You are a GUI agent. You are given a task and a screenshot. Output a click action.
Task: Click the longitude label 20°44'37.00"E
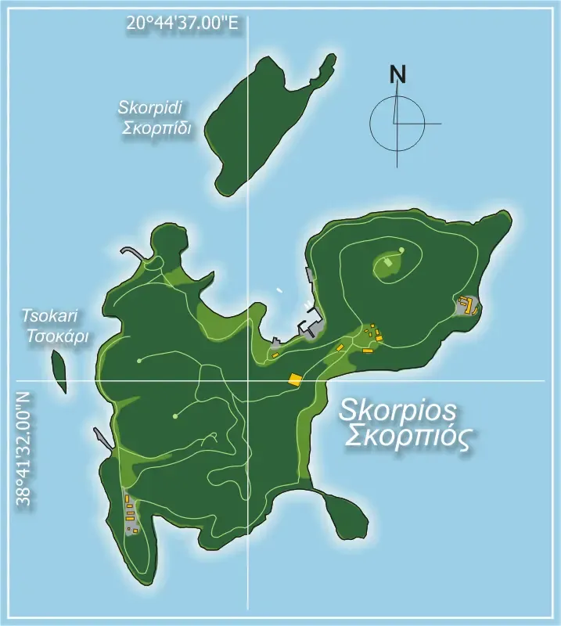click(x=182, y=23)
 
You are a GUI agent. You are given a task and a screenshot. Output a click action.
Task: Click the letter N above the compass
click(x=398, y=75)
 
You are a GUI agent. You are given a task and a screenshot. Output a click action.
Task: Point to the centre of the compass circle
click(x=397, y=124)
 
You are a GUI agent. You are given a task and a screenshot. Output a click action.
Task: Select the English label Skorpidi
click(x=154, y=108)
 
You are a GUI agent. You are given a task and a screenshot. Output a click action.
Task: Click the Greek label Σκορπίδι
click(x=156, y=128)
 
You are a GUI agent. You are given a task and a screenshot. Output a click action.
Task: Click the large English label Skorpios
click(x=398, y=411)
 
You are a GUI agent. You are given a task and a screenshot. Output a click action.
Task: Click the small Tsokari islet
click(x=59, y=371)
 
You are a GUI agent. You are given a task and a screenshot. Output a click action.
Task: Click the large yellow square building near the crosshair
click(x=295, y=380)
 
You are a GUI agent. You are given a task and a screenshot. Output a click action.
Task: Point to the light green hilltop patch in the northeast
click(x=389, y=268)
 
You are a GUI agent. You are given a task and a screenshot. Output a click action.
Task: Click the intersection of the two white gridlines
click(x=249, y=381)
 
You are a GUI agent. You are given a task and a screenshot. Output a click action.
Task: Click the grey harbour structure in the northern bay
click(x=312, y=323)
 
